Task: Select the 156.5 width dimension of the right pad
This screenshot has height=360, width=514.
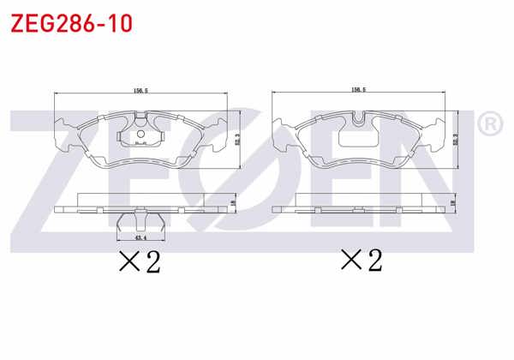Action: coord(359,88)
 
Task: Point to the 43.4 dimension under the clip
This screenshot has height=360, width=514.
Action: coord(137,237)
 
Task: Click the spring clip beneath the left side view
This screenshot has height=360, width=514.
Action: coord(137,221)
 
